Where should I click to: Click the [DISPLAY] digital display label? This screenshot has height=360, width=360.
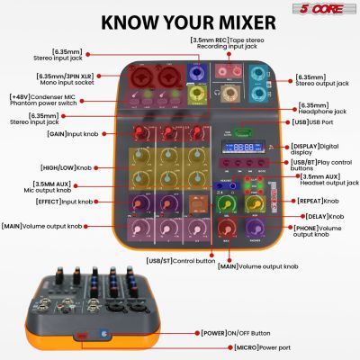317,148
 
